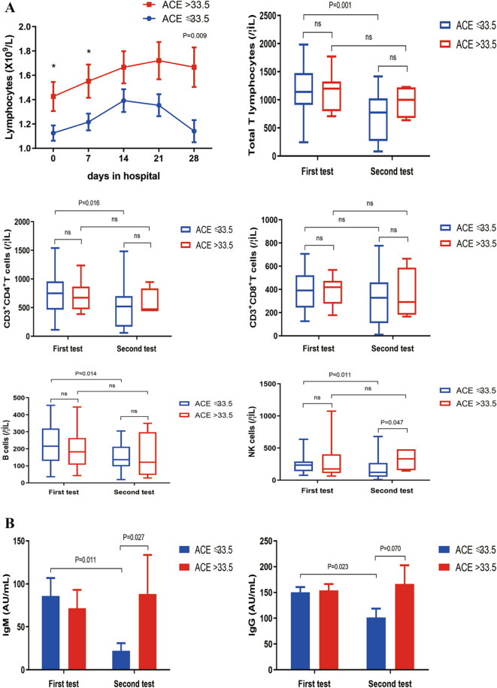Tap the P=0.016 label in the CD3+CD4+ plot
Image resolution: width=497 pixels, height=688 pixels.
[x=90, y=201]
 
